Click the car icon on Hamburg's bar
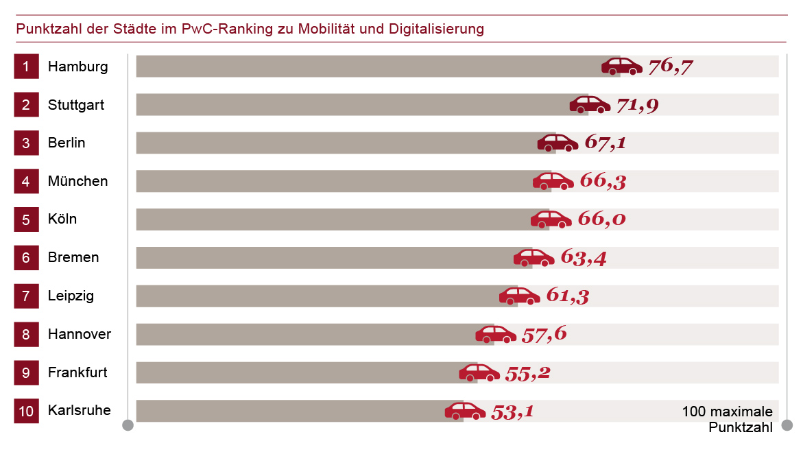coord(622,66)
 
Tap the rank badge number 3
coord(26,143)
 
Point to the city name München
coord(77,182)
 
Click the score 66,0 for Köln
coord(602,219)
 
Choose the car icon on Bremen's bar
coord(534,258)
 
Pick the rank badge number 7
coord(26,296)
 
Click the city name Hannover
coord(80,335)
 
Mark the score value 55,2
coord(527,373)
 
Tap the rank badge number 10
coord(26,412)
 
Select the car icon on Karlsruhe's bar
coord(465,411)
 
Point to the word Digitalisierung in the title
coord(436,29)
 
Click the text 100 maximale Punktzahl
coord(728,419)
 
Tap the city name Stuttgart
coord(76,105)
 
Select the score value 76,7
coord(670,67)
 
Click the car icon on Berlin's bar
coord(558,143)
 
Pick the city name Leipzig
coord(71,296)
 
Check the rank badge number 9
coord(26,373)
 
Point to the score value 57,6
coord(544,335)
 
